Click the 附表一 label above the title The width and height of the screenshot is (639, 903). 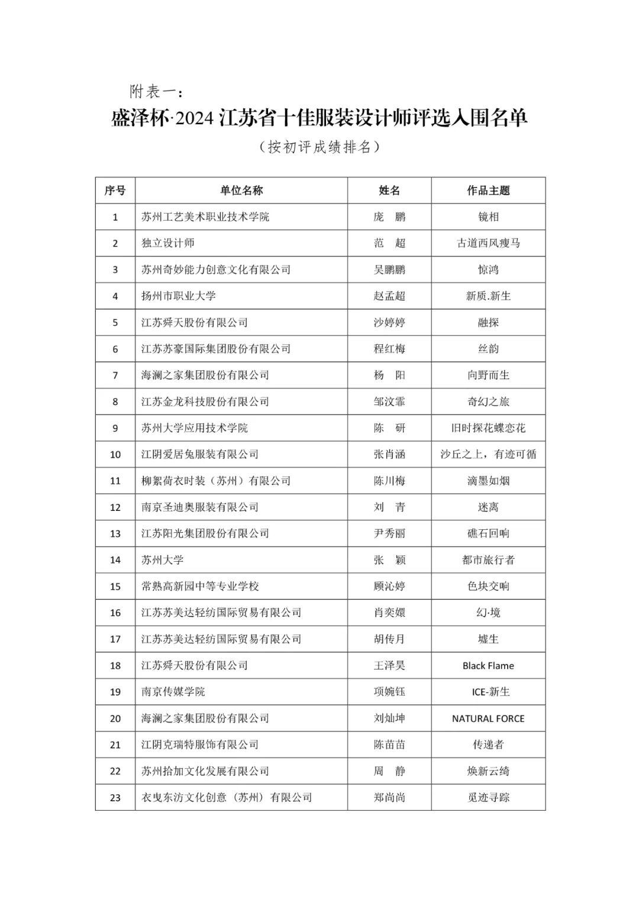pos(155,92)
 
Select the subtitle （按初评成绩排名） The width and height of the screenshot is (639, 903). pos(319,147)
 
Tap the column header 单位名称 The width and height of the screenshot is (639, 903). pos(241,190)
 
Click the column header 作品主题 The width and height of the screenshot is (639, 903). pos(488,190)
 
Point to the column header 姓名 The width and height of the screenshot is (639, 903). pos(389,190)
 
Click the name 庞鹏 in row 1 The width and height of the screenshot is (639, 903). pos(389,217)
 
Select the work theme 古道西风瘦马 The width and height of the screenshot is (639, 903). pos(488,243)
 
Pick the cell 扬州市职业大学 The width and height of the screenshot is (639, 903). pos(178,296)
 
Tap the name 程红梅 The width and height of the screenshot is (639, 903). pos(389,349)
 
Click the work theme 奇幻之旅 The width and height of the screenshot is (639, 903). pos(488,402)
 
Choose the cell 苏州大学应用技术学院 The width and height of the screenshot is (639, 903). pos(195,428)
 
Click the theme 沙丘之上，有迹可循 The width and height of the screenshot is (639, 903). pos(488,454)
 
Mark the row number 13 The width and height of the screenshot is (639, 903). pos(115,533)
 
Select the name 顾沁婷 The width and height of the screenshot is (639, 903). pos(389,586)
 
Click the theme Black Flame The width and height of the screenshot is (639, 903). pos(488,666)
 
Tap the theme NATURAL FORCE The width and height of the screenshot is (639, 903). pos(488,718)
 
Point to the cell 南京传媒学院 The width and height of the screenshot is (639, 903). pos(173,692)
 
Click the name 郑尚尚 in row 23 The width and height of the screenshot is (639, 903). pos(389,798)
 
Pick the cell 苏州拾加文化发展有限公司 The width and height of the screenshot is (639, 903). pos(205,771)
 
